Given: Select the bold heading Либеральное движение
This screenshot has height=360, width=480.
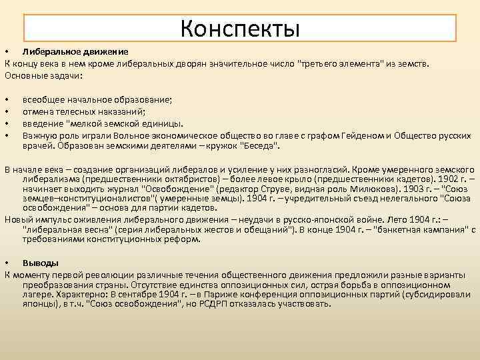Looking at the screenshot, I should click(x=75, y=52).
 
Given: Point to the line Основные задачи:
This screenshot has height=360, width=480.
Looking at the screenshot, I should click(x=43, y=75).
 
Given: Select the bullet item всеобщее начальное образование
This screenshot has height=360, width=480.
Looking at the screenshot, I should click(x=97, y=99).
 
